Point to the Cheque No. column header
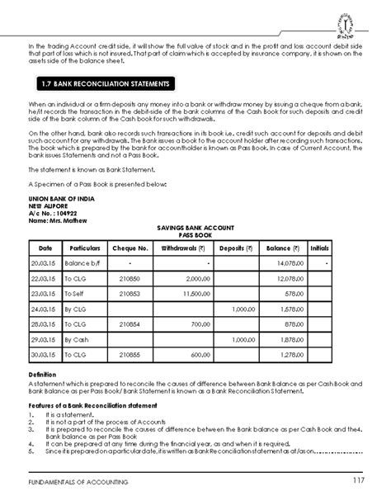pos(131,247)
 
